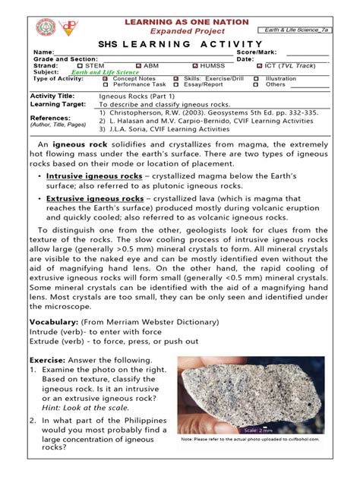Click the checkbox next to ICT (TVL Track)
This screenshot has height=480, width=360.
pyautogui.click(x=259, y=66)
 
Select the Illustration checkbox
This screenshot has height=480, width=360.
pyautogui.click(x=259, y=78)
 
